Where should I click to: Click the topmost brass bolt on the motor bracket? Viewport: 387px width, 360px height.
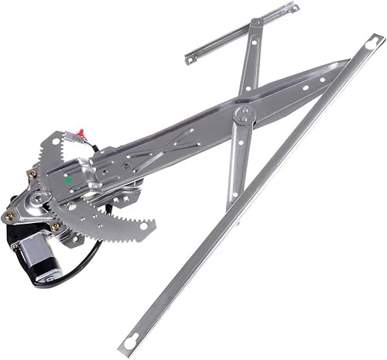click(32, 175)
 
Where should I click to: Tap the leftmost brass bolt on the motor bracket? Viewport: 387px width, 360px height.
click(9, 217)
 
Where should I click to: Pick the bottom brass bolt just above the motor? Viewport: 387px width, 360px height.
click(56, 227)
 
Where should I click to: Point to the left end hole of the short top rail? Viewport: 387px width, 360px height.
click(190, 57)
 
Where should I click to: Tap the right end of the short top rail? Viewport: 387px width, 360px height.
click(295, 8)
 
